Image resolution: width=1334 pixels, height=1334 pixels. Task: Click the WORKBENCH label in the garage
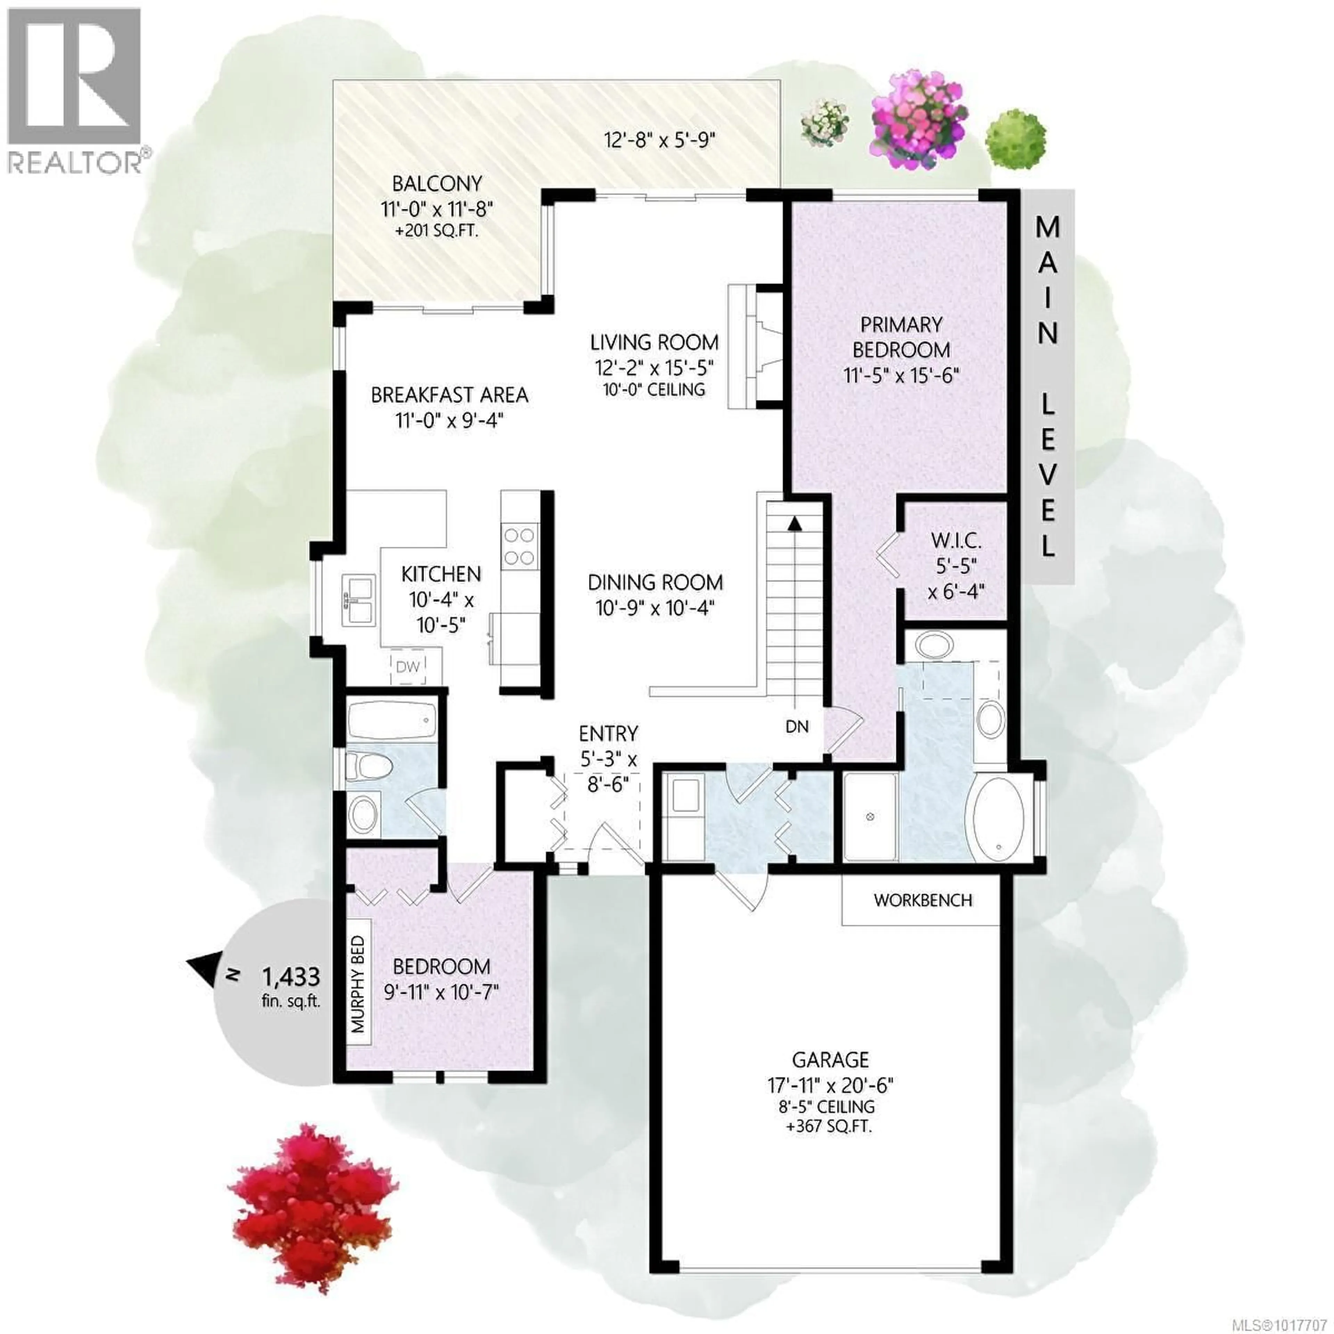922,900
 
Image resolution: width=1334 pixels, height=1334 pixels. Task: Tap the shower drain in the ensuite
870,817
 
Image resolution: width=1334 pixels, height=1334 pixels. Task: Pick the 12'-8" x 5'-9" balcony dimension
659,140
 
